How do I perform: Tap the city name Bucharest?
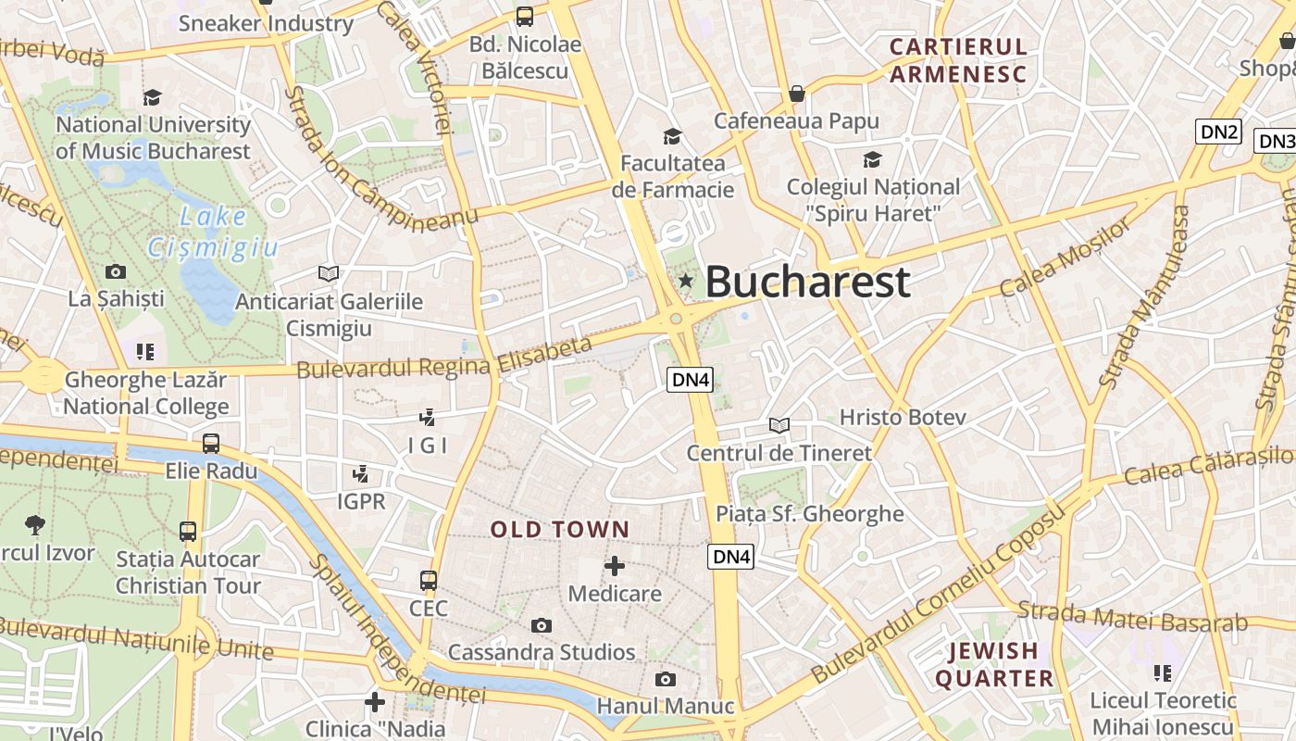(807, 282)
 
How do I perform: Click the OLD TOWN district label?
(560, 530)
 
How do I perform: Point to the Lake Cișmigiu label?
(212, 232)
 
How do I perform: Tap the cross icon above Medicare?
(614, 566)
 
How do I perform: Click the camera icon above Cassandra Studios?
(542, 625)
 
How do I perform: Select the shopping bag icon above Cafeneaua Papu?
(796, 94)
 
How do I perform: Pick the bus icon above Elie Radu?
(211, 444)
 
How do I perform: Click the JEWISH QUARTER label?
(994, 664)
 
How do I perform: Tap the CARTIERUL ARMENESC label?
(958, 60)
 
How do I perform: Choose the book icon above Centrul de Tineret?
(779, 425)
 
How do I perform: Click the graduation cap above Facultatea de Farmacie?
(672, 137)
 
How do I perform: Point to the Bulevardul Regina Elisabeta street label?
(444, 358)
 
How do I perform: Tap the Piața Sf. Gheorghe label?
(810, 514)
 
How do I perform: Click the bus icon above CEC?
(428, 581)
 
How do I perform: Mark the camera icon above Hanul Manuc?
(665, 680)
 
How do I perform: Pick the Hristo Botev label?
(903, 418)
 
